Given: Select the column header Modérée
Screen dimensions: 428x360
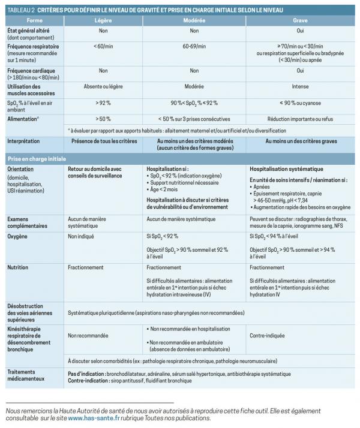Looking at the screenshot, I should [194, 20].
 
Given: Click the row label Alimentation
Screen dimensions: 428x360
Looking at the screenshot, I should [24, 119].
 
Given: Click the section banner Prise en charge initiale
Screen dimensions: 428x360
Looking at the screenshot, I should [36, 159].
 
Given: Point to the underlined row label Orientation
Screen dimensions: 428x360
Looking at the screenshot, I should [21, 170].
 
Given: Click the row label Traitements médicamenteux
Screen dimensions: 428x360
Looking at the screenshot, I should [26, 375].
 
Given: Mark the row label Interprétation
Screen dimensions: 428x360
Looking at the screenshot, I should [23, 141].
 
